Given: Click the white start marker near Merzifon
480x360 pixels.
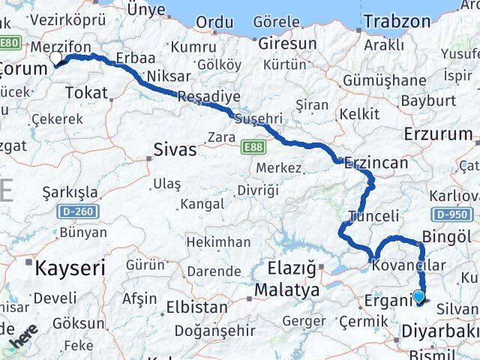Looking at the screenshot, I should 55,58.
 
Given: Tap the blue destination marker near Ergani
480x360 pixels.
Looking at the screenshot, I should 418,297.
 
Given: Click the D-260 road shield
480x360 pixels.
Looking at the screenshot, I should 76,212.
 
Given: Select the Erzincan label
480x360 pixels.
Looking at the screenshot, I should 376,162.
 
